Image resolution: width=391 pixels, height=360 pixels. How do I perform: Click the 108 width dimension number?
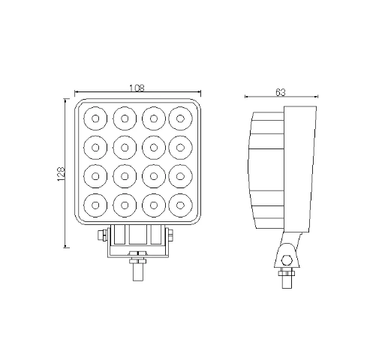[x=137, y=88]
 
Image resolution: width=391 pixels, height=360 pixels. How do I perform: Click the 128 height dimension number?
[x=59, y=174]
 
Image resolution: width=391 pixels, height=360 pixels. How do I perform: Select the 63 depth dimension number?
[x=280, y=92]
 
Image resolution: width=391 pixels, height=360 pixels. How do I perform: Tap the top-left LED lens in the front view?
[x=95, y=116]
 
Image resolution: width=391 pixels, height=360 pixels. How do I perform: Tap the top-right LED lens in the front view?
[x=181, y=116]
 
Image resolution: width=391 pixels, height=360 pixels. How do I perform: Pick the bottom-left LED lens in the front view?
[x=95, y=203]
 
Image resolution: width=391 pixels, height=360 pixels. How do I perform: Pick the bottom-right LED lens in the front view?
[x=181, y=203]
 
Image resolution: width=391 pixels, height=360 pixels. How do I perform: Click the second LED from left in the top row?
[x=124, y=116]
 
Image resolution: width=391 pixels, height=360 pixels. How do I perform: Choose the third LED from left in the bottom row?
[x=152, y=203]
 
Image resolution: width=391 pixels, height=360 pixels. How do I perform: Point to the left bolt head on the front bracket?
[x=101, y=235]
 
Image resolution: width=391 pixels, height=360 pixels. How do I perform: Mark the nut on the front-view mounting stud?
[x=137, y=259]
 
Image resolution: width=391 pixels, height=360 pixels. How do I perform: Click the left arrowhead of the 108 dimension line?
[x=77, y=94]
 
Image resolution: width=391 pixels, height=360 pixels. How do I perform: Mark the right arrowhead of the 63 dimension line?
[x=314, y=97]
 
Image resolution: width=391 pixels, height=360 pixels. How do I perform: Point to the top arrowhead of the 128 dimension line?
[x=66, y=101]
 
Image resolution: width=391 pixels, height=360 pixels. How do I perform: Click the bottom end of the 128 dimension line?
[x=66, y=247]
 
